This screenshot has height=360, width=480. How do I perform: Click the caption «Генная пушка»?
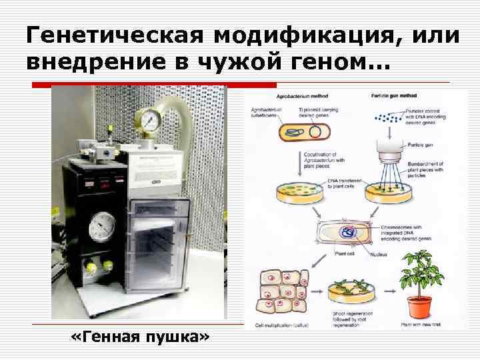point(139,337)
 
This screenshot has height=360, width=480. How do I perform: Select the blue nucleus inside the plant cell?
point(348,233)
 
